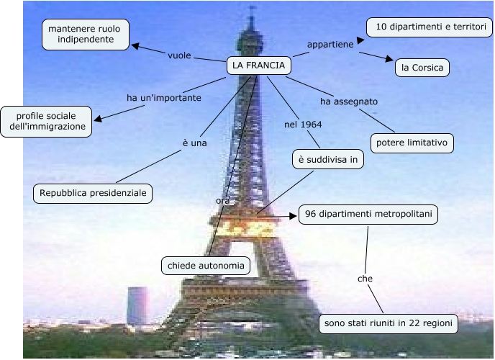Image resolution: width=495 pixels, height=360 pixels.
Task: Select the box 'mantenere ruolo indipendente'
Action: click(x=86, y=34)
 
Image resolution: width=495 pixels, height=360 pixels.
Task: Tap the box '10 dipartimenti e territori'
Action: click(x=430, y=27)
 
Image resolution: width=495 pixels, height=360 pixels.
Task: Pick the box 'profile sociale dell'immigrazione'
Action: click(x=47, y=121)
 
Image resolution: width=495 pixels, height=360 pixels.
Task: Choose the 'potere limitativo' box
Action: click(x=412, y=143)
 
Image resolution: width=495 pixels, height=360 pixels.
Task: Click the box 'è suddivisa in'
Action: click(x=327, y=160)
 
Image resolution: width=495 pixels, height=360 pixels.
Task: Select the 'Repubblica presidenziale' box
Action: click(x=94, y=193)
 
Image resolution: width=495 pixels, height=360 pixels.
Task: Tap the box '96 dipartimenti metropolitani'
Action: click(x=368, y=214)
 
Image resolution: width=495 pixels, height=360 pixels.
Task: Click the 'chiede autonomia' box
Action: click(x=206, y=266)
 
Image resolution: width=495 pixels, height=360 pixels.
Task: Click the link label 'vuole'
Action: click(x=180, y=55)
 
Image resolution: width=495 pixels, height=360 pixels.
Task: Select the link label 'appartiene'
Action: click(x=330, y=45)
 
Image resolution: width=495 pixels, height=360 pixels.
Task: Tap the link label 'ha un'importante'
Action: click(x=164, y=97)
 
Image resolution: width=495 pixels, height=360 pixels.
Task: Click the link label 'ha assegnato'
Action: click(x=349, y=102)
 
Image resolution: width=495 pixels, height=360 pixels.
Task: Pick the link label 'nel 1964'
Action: click(x=303, y=124)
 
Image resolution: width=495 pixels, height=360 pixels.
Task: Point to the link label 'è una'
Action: click(x=194, y=143)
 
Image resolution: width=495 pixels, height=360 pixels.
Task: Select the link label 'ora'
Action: click(x=222, y=200)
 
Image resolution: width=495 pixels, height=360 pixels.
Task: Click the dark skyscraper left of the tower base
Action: click(x=137, y=305)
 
